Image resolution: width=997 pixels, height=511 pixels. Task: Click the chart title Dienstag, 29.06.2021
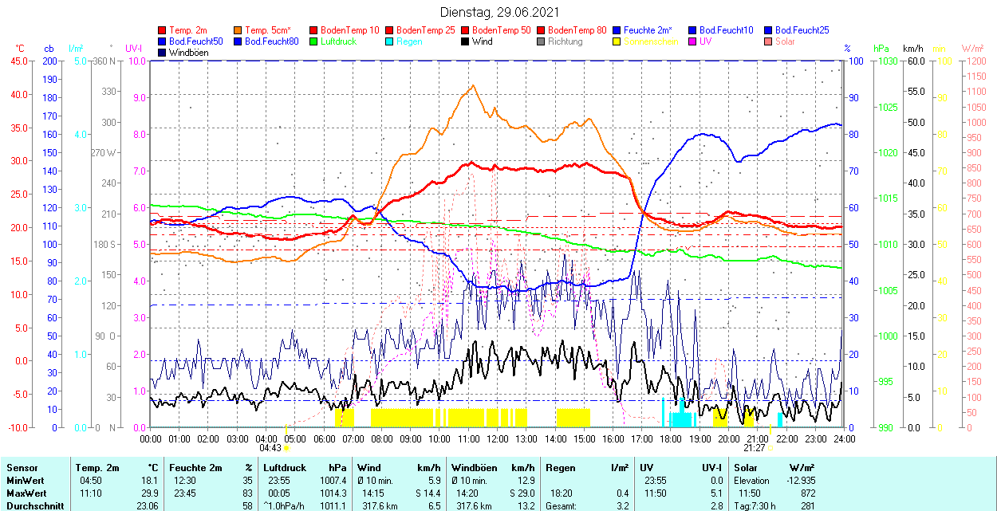[499, 12]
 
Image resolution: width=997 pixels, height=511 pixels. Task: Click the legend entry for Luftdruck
[337, 41]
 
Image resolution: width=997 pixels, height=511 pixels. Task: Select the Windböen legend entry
[187, 53]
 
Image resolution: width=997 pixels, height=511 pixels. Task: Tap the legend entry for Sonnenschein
[651, 41]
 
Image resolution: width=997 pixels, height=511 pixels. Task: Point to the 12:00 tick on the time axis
[498, 438]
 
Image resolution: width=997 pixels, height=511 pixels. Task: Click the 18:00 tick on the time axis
[671, 438]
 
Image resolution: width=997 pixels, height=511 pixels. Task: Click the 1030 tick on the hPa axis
[885, 61]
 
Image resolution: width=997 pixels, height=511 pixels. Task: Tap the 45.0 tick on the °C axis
[18, 61]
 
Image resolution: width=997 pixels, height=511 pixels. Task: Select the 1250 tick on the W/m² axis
[975, 61]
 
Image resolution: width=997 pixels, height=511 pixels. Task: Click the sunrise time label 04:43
[270, 448]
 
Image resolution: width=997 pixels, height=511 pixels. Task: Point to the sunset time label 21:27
[756, 448]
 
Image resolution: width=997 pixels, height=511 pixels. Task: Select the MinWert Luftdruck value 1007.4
[333, 481]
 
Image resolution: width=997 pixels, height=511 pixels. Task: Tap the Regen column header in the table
[559, 468]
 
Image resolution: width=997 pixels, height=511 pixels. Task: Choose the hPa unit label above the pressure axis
[881, 48]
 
